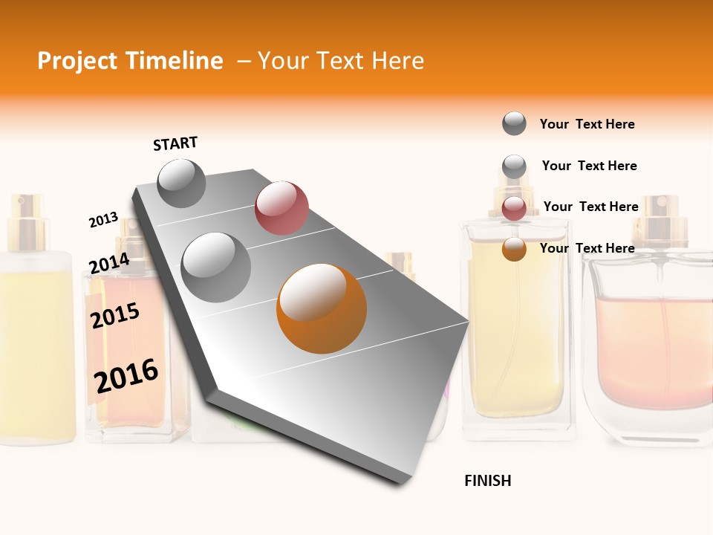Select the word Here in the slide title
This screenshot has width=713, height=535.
tap(397, 61)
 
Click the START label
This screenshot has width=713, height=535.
tap(175, 143)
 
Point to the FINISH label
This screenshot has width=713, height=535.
tap(487, 481)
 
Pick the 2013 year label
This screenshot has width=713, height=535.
tap(103, 220)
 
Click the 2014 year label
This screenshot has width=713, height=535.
tap(109, 264)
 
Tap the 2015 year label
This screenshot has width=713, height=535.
tap(115, 315)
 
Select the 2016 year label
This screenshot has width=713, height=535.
tap(126, 375)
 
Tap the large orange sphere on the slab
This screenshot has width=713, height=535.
tap(322, 308)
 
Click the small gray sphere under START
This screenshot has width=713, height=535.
tap(182, 183)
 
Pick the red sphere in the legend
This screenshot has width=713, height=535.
tap(514, 209)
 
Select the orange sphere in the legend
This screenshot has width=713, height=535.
tap(514, 250)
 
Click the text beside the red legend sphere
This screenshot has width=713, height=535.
tap(590, 207)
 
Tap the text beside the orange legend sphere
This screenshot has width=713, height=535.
tap(587, 248)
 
